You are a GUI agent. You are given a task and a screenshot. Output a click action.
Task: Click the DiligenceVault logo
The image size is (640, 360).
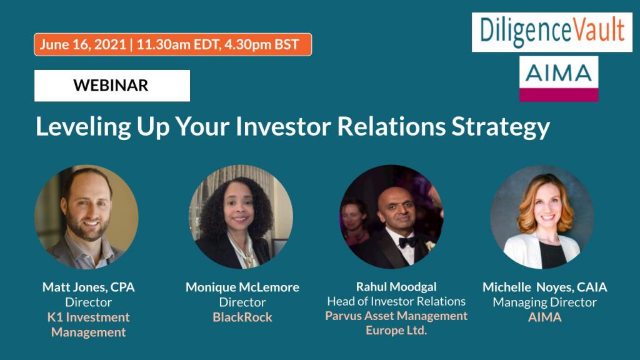point(552,32)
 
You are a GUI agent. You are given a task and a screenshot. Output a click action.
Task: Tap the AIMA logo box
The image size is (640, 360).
point(558,79)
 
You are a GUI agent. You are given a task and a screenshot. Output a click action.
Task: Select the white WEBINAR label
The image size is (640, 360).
point(112,85)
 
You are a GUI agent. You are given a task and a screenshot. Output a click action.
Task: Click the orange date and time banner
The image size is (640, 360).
point(172,44)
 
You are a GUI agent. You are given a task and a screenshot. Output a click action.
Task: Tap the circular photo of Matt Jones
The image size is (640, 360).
point(86,217)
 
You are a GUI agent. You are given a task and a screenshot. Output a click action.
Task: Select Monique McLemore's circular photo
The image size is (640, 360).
point(241,217)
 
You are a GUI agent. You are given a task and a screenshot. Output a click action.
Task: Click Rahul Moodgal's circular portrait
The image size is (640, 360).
point(391,217)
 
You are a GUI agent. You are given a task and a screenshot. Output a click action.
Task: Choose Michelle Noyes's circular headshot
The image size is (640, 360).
point(542,217)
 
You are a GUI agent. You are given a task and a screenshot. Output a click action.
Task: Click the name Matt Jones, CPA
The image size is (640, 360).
point(89,287)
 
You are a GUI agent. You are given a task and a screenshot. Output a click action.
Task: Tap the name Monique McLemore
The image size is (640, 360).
point(242,287)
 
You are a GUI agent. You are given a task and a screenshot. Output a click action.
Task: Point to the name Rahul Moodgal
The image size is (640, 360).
point(396,286)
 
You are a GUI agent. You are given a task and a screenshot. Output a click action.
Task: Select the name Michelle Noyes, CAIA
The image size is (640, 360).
point(544,287)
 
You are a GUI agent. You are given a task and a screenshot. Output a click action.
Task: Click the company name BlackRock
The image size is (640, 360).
point(242,317)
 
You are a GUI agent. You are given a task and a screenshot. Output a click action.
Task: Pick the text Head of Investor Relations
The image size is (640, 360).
point(396,301)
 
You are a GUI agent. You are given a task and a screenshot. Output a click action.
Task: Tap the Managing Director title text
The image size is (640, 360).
point(544,302)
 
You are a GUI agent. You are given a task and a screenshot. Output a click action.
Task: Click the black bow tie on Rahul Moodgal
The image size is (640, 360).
point(407,242)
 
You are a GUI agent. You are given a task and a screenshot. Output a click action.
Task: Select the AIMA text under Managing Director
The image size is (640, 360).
point(544,317)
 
